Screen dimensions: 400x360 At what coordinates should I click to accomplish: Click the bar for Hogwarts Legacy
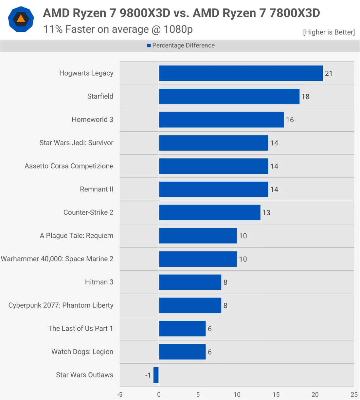(x=241, y=73)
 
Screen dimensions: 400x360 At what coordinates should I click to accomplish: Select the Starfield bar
(x=229, y=97)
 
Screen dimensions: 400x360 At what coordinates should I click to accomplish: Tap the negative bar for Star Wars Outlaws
(x=156, y=375)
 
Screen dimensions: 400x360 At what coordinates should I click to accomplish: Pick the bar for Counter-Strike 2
(x=210, y=213)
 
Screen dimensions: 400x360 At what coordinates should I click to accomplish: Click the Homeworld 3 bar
(x=221, y=120)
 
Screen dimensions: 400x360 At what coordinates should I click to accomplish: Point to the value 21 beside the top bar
(x=329, y=74)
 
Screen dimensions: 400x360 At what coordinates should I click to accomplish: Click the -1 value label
(x=148, y=375)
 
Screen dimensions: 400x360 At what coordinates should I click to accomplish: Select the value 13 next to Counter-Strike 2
(x=266, y=213)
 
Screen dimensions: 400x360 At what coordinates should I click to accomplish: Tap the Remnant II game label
(x=97, y=189)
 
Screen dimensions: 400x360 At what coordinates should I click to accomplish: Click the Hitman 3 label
(x=99, y=282)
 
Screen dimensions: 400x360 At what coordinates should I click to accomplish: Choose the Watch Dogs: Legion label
(x=82, y=352)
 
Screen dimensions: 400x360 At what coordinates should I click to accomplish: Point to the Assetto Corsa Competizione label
(x=69, y=166)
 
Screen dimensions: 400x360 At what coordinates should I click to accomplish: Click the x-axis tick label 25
(x=354, y=394)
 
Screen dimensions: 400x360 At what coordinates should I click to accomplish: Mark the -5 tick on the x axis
(x=120, y=394)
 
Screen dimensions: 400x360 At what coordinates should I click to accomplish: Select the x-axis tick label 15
(x=276, y=394)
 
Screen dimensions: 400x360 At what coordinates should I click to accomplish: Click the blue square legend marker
(x=149, y=45)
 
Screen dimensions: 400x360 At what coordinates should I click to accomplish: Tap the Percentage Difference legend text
(x=183, y=45)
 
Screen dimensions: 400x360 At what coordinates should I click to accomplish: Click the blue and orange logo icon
(x=21, y=19)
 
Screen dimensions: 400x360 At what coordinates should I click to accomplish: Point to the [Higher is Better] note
(x=329, y=32)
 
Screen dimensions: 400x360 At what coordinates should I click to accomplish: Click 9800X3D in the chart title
(x=145, y=13)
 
